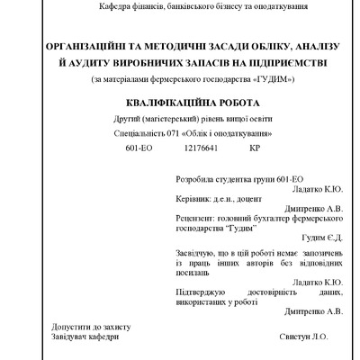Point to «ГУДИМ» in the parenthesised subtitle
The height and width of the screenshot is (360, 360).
274,79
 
